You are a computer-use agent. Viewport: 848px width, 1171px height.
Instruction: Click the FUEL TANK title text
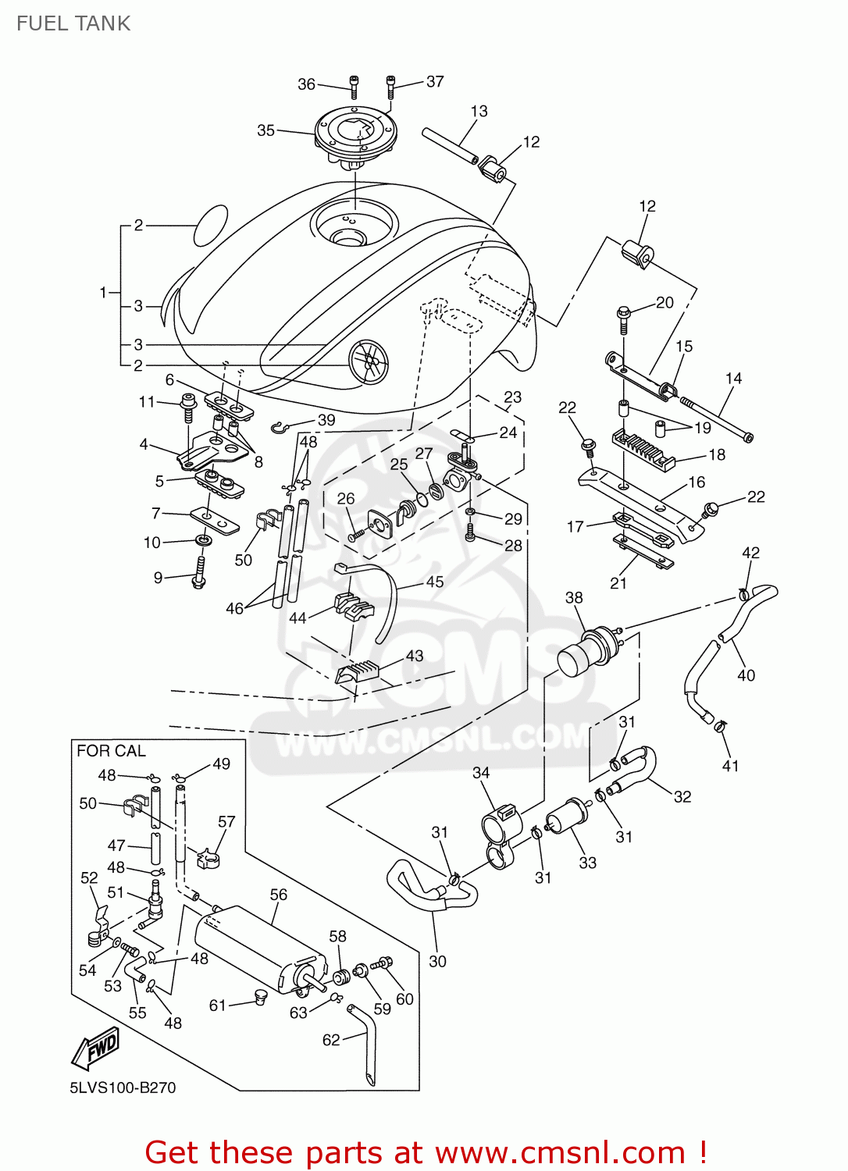pos(73,23)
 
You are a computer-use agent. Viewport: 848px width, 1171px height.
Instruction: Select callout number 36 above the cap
pos(306,84)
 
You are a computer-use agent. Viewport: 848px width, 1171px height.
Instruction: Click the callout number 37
pos(435,81)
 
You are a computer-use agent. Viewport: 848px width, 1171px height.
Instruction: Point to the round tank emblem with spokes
pos(369,362)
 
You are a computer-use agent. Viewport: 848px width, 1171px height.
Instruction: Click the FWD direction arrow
pos(96,1048)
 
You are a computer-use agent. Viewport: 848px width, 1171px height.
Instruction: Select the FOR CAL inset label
pos(111,751)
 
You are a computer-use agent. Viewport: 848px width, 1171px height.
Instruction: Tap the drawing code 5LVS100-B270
pos(123,1087)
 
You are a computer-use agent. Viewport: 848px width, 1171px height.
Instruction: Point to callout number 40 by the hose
pos(746,675)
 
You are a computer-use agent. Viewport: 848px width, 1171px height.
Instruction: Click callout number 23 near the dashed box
pos(512,397)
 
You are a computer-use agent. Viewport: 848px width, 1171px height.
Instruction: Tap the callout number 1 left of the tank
pos(102,293)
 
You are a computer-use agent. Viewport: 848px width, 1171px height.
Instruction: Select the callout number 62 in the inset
pos(331,1040)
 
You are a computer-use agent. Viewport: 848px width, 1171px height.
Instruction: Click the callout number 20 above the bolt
pos(665,303)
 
